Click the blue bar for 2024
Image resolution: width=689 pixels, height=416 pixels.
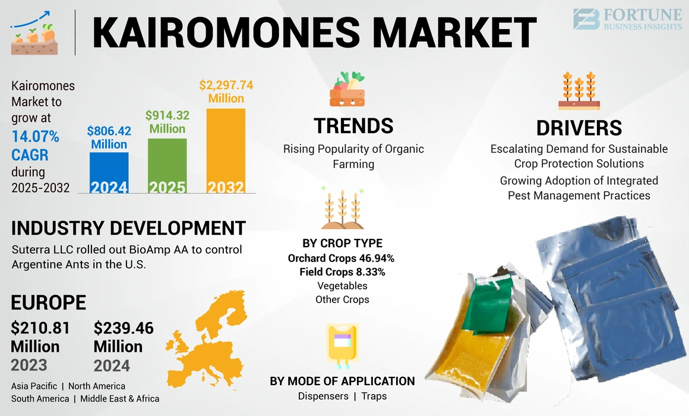pyautogui.click(x=109, y=172)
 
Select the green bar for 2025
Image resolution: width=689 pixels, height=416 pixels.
pyautogui.click(x=167, y=166)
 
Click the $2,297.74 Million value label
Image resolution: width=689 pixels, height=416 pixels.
pyautogui.click(x=226, y=92)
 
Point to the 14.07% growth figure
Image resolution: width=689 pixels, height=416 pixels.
pyautogui.click(x=36, y=137)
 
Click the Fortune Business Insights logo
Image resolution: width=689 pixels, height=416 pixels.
pyautogui.click(x=627, y=19)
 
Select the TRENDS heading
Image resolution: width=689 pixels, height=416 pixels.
pyautogui.click(x=353, y=125)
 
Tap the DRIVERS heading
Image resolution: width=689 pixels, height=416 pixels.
pyautogui.click(x=579, y=128)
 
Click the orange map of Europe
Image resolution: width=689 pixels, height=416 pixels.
pyautogui.click(x=208, y=339)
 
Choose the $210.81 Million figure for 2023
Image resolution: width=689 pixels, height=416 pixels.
pyautogui.click(x=40, y=336)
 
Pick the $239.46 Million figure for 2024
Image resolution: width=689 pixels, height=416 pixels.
pyautogui.click(x=124, y=336)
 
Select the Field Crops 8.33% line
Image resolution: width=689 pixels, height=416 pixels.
pyautogui.click(x=342, y=272)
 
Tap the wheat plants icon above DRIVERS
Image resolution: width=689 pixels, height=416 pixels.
pyautogui.click(x=579, y=91)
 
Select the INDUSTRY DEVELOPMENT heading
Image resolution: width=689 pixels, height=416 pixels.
pyautogui.click(x=128, y=228)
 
